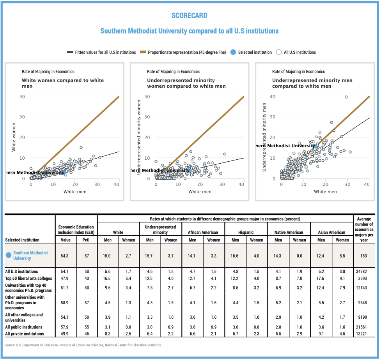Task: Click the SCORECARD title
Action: pyautogui.click(x=190, y=16)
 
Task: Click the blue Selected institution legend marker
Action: pyautogui.click(x=233, y=52)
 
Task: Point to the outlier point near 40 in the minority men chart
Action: pyautogui.click(x=346, y=97)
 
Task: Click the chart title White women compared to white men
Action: pyautogui.click(x=62, y=83)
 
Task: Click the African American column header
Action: pyautogui.click(x=203, y=232)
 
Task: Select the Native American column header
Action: pyautogui.click(x=289, y=232)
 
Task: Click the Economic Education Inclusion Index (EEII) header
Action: pyautogui.click(x=76, y=229)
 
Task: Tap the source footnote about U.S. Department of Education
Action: pyautogui.click(x=82, y=345)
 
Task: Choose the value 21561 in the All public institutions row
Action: pyautogui.click(x=363, y=327)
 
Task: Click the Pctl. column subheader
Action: pyautogui.click(x=87, y=240)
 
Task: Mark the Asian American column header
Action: pyautogui.click(x=331, y=232)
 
